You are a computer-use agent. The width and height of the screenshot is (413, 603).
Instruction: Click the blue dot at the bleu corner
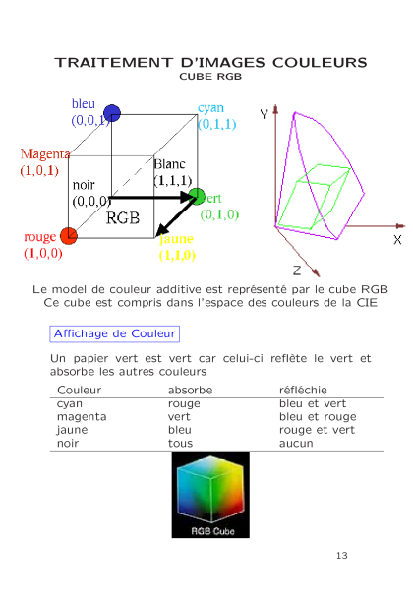point(112,113)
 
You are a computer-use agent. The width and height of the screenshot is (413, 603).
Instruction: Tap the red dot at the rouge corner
point(69,236)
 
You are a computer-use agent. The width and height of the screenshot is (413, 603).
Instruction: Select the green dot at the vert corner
point(198,197)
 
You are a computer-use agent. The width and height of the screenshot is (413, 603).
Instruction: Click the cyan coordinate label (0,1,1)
point(217,124)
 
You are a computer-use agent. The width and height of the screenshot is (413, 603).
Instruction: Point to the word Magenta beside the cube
point(45,153)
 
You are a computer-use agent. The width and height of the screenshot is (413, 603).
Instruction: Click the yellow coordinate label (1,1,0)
point(177,255)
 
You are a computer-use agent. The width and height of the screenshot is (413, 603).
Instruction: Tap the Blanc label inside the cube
point(169,164)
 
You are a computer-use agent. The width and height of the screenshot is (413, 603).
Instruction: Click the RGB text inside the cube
point(123,218)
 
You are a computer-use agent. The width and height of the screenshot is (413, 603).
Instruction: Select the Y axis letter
point(264,114)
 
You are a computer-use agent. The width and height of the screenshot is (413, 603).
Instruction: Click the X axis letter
point(397,240)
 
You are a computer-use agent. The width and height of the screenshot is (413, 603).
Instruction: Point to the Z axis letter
point(297,271)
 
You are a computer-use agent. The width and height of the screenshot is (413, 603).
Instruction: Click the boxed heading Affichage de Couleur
point(115,333)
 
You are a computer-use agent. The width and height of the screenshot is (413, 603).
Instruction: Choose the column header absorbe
point(191,390)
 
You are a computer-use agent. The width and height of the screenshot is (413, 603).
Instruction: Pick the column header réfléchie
point(303,390)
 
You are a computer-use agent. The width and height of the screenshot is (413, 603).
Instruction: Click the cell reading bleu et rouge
point(318,416)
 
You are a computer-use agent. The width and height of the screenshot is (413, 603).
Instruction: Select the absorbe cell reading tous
point(180,443)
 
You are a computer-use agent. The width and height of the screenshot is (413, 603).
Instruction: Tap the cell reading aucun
point(296,444)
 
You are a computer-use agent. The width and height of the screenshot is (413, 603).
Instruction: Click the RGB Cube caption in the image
point(212,531)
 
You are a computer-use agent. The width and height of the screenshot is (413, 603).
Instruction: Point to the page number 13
point(342,556)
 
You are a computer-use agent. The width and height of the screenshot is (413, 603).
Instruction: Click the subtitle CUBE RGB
point(210,77)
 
